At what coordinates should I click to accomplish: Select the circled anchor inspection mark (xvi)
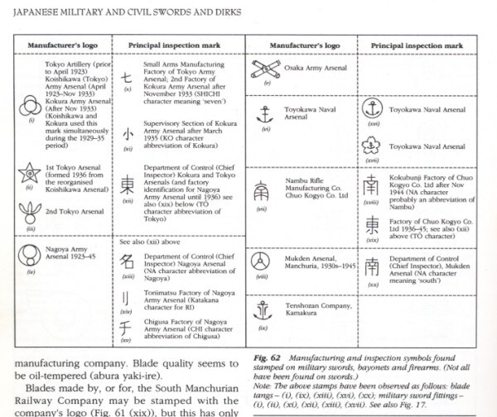tap(373, 108)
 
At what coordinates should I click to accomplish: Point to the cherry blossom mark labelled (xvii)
tap(373, 146)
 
